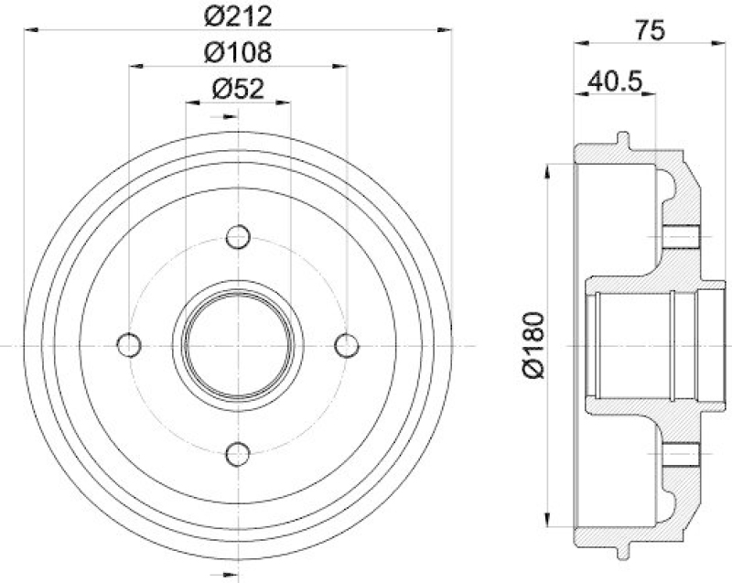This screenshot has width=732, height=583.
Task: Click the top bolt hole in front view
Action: pos(238,236)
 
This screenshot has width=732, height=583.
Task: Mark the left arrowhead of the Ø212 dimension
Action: pos(30,31)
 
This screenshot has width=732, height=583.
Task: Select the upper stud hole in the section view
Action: pos(680,237)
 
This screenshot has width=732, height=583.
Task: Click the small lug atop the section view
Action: pos(623,139)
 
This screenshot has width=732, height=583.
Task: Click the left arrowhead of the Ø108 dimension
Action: pos(135,66)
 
